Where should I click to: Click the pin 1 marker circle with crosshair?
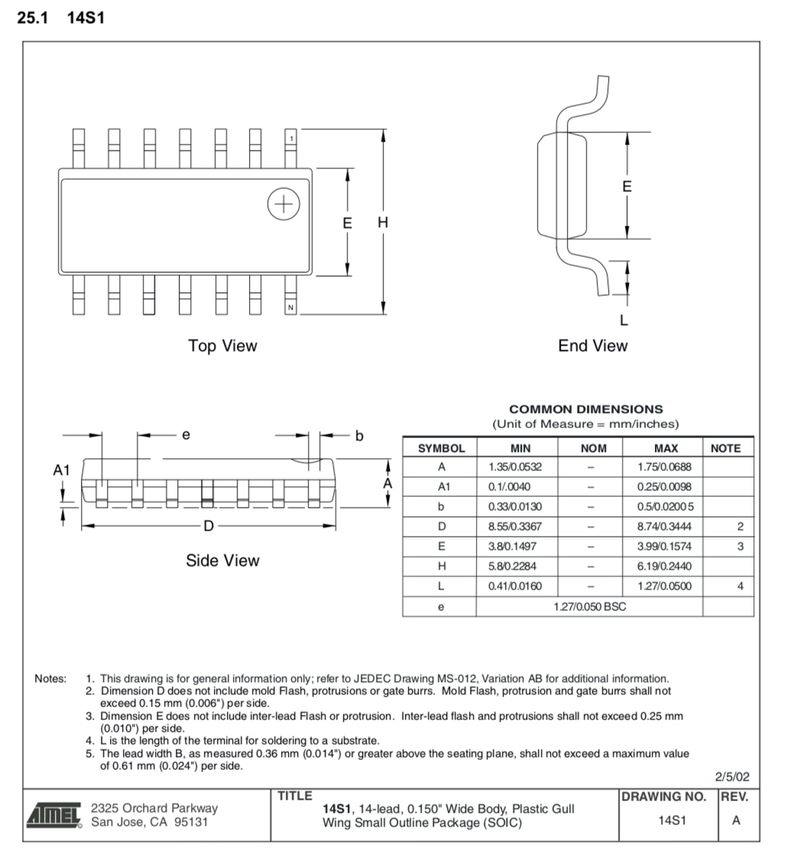pos(283,204)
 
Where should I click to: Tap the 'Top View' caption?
pos(222,346)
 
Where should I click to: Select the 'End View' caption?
pos(592,346)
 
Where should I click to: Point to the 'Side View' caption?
pos(222,560)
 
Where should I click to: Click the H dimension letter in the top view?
pos(383,223)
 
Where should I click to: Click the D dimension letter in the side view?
pos(209,526)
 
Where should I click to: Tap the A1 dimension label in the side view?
pos(62,470)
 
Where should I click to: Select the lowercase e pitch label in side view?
pos(186,435)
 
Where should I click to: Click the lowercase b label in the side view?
pos(359,436)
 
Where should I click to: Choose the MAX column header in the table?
pos(666,449)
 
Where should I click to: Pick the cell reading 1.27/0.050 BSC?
pos(589,607)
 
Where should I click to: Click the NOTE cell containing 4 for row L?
pos(740,586)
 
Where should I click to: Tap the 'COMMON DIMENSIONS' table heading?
pos(586,410)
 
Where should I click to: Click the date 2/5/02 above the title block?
pos(732,777)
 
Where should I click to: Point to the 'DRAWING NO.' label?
pos(663,797)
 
